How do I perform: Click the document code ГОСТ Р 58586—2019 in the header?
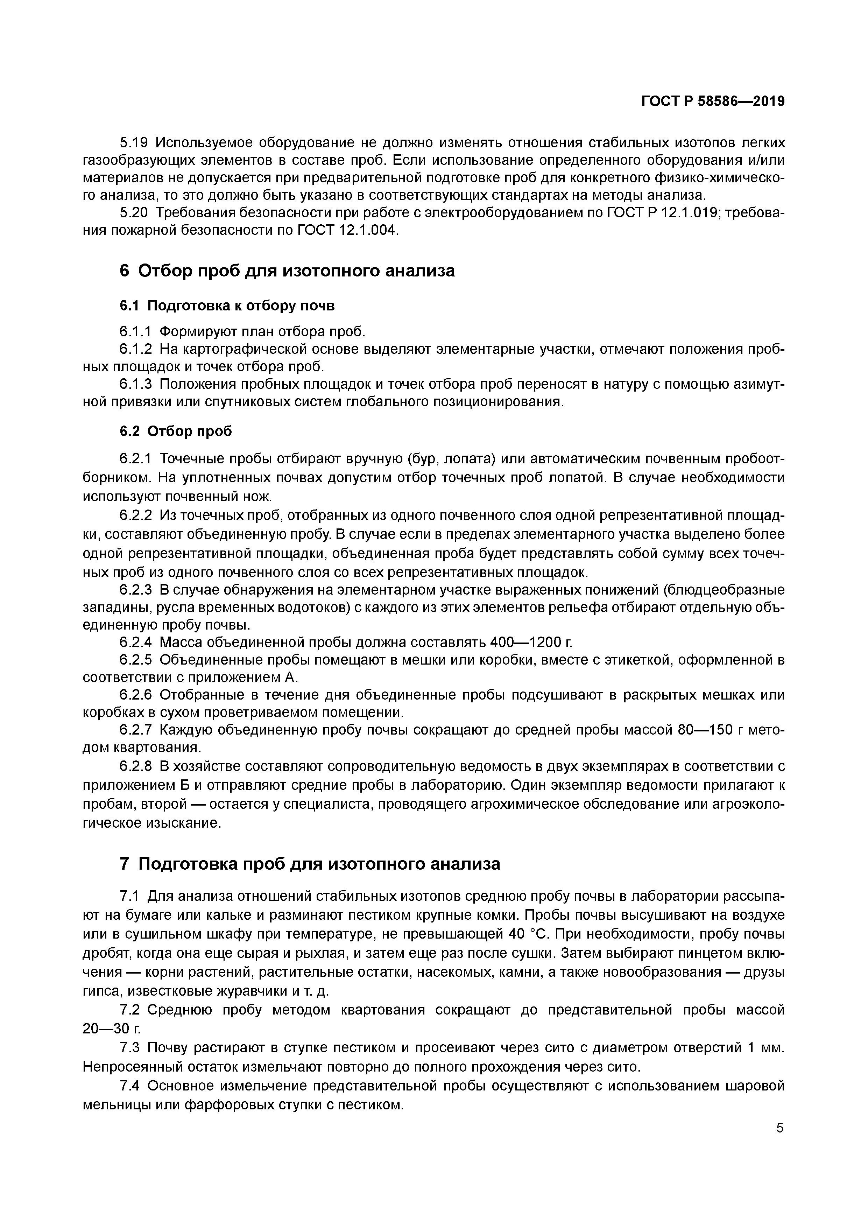tap(713, 101)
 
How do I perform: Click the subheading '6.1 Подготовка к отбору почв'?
tap(227, 306)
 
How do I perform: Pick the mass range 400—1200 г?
tap(529, 642)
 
